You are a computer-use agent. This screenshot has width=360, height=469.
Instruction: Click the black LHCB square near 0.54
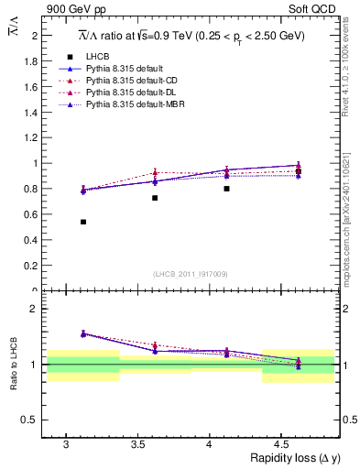(83, 222)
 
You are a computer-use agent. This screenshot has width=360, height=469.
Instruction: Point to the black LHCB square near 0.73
(155, 198)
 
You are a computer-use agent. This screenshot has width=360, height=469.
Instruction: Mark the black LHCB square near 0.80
(226, 189)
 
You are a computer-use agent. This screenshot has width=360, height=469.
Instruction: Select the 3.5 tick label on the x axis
(137, 443)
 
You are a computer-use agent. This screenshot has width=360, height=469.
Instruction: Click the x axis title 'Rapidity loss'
(276, 457)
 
